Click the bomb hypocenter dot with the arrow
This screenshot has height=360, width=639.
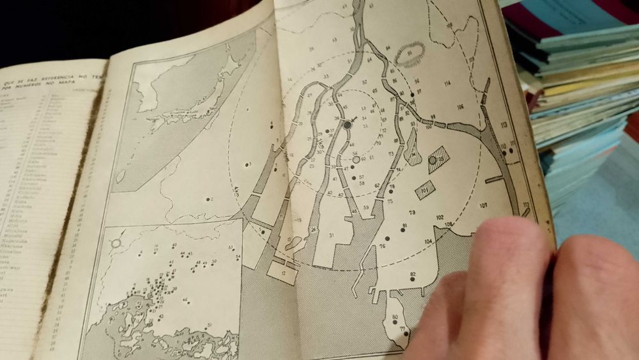(347, 125)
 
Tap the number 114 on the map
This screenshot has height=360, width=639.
(447, 84)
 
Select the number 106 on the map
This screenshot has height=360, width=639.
(459, 106)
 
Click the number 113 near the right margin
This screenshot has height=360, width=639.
(504, 125)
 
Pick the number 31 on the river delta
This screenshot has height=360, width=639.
(332, 236)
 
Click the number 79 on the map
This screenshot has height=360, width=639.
(412, 212)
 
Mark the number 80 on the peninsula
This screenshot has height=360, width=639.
(395, 317)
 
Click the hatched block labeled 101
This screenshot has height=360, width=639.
(424, 189)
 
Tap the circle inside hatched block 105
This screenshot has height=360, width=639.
(433, 160)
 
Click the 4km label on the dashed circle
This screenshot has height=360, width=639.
(236, 190)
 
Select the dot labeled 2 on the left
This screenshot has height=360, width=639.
(209, 200)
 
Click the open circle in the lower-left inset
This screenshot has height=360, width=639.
(116, 243)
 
